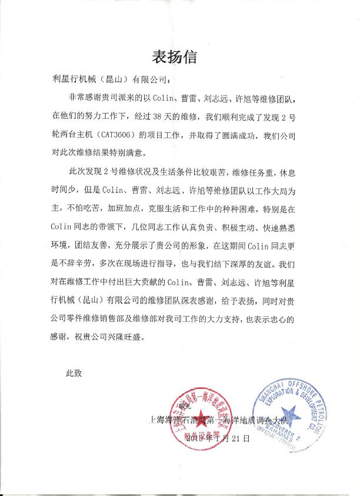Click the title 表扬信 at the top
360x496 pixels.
coord(179,57)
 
